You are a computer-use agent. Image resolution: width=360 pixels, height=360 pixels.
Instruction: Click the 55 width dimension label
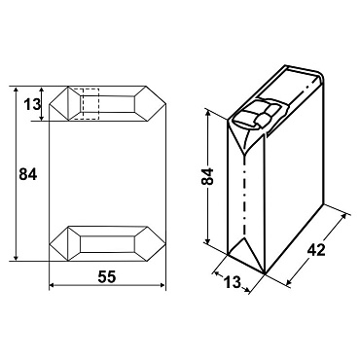click(x=107, y=277)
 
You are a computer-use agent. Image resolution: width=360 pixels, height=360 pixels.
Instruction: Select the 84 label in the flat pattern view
click(x=28, y=174)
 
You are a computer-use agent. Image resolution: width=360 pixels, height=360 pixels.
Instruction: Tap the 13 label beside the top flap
click(x=31, y=104)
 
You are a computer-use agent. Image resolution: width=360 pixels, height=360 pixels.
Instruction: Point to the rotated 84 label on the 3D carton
click(x=208, y=176)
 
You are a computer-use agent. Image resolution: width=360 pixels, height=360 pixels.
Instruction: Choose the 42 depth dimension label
click(x=315, y=250)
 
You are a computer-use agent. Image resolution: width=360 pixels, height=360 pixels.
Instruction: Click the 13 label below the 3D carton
click(x=233, y=281)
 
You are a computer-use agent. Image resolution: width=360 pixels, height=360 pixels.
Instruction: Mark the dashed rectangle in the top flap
click(x=85, y=104)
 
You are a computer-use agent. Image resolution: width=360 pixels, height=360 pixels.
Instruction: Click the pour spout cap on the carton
click(x=257, y=115)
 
